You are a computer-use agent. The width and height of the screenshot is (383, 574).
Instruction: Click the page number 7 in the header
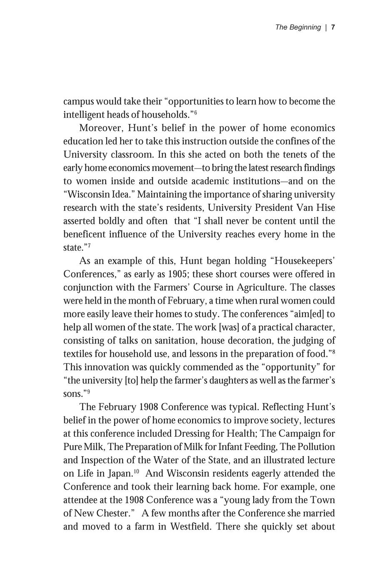coord(333,27)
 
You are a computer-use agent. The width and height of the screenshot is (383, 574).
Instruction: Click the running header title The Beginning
coord(298,27)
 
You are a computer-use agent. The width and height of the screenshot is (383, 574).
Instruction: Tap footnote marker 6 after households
coord(195,112)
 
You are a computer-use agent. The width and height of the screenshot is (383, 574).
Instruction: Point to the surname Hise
coord(325,208)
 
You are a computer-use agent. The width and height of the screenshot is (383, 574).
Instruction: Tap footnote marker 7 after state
coord(89,245)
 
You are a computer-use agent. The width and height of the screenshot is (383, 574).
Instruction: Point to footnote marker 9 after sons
coord(88,391)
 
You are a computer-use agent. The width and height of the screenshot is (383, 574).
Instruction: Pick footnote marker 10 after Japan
coord(137,471)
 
